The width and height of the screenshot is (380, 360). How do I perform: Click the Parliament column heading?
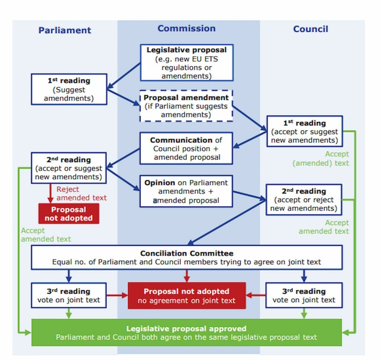pyautogui.click(x=65, y=30)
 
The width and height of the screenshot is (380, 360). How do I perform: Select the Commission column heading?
pyautogui.click(x=187, y=28)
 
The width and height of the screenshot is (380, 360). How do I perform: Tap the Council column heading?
pyautogui.click(x=311, y=29)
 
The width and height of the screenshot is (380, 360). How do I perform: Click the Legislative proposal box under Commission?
pyautogui.click(x=187, y=62)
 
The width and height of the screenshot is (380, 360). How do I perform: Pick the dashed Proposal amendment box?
pyautogui.click(x=186, y=106)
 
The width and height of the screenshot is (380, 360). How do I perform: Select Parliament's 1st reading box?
pyautogui.click(x=69, y=89)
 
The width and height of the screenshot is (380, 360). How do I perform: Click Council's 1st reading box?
pyautogui.click(x=305, y=131)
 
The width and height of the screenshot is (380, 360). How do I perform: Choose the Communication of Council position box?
pyautogui.click(x=186, y=148)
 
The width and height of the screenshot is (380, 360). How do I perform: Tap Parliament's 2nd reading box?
pyautogui.click(x=69, y=168)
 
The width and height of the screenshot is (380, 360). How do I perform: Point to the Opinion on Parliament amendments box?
pyautogui.click(x=186, y=191)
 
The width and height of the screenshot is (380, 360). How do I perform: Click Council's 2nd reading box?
pyautogui.click(x=304, y=200)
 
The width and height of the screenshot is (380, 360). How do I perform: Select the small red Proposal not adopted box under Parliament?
pyautogui.click(x=69, y=214)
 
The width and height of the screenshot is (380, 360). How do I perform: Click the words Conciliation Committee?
pyautogui.click(x=187, y=253)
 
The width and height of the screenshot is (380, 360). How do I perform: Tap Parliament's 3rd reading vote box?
pyautogui.click(x=69, y=295)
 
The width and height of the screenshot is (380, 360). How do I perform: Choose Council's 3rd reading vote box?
pyautogui.click(x=304, y=295)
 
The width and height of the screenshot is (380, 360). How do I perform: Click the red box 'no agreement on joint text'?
pyautogui.click(x=187, y=295)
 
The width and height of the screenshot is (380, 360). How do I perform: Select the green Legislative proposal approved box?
pyautogui.click(x=187, y=333)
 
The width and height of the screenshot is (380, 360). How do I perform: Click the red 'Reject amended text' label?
pyautogui.click(x=81, y=194)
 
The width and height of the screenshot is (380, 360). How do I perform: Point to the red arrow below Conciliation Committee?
pyautogui.click(x=187, y=276)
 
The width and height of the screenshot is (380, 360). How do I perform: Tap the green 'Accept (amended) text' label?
pyautogui.click(x=321, y=159)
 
